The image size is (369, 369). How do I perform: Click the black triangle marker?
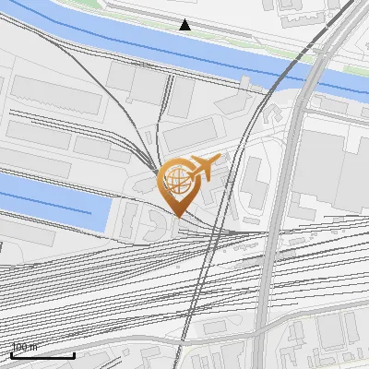tap(185, 25)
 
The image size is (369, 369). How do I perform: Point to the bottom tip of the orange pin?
tap(177, 217)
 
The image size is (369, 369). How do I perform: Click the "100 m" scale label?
tap(25, 347)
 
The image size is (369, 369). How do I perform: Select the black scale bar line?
tap(42, 355)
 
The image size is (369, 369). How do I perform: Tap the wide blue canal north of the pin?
tap(138, 46)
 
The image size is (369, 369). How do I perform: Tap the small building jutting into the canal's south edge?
tap(245, 82)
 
